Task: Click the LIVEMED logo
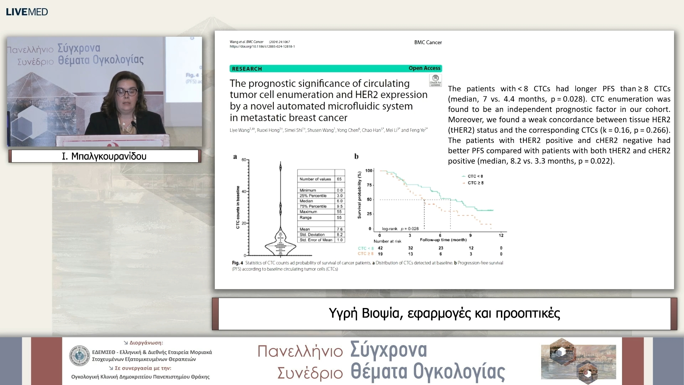(27, 12)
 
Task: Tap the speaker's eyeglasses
(126, 92)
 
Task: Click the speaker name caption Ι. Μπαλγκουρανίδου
(104, 156)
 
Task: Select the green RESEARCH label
(247, 69)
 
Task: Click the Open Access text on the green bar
(424, 68)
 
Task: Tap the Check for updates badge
(435, 80)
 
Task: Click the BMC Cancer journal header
(428, 42)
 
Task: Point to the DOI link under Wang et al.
(262, 47)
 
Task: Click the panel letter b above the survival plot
(356, 156)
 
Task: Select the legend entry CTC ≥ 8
(475, 183)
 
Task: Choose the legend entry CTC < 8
(475, 176)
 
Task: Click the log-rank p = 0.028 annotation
(400, 229)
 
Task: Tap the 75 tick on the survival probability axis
(369, 185)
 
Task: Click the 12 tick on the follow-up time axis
(501, 235)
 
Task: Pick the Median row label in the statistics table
(306, 201)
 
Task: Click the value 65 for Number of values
(339, 179)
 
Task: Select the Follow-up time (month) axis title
(443, 240)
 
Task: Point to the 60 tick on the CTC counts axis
(244, 160)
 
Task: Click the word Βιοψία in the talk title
(381, 313)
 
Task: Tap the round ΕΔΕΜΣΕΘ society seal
(79, 355)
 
